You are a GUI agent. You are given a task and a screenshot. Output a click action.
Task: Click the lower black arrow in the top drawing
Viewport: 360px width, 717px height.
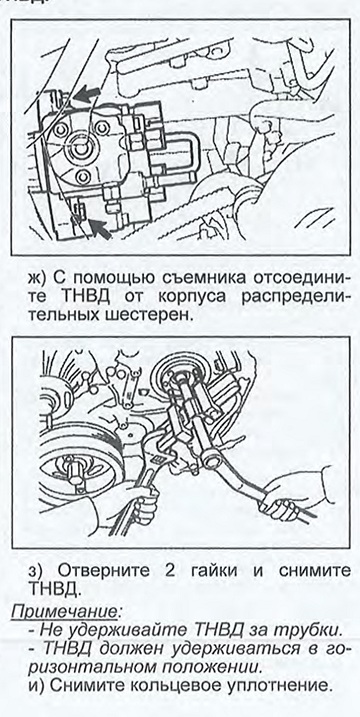(x=100, y=228)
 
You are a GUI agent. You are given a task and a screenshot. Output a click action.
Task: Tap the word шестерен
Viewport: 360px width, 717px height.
(x=150, y=316)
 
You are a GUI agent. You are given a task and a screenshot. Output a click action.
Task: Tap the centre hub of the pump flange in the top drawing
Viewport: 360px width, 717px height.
(x=81, y=148)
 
